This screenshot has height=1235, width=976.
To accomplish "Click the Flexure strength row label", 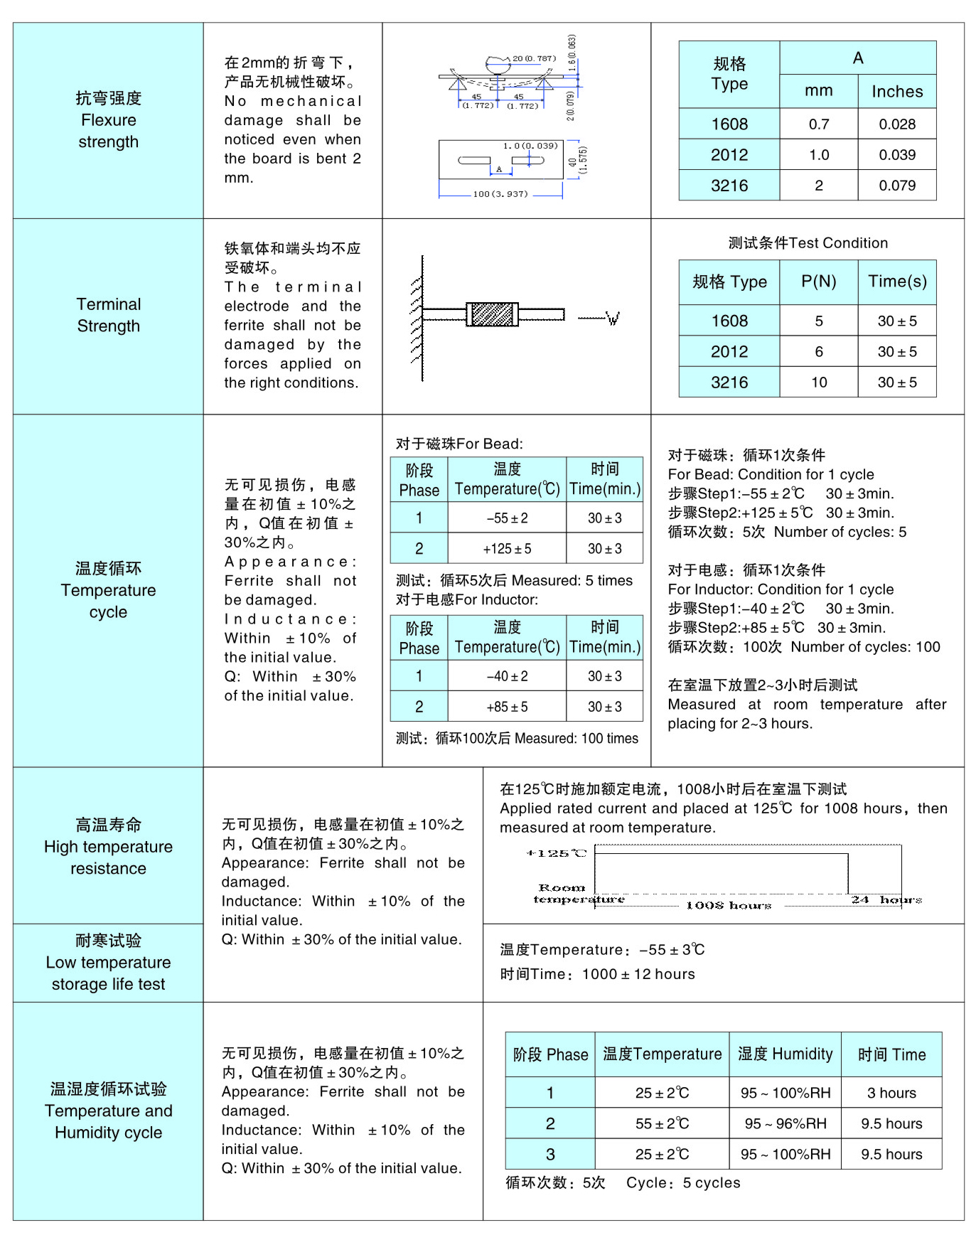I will [x=108, y=120].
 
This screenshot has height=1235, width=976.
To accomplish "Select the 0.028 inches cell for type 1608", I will [x=897, y=124].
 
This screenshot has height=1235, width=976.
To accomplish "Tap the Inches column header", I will [x=897, y=92].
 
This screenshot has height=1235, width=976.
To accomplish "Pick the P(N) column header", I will [x=818, y=282].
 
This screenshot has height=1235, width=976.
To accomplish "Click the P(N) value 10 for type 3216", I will [x=819, y=383].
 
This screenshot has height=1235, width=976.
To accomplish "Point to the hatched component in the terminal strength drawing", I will [x=492, y=314].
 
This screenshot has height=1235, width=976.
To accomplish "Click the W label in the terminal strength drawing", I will [x=613, y=319].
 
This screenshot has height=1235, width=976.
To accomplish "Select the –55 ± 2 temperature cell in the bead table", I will [x=507, y=518].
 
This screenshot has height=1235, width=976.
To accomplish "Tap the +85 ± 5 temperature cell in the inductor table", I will [x=507, y=707].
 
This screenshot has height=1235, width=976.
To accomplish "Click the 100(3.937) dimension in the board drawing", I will [x=500, y=194].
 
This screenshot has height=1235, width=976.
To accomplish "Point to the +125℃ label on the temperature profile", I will [x=556, y=853].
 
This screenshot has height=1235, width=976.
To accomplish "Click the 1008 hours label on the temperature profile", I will [x=729, y=905].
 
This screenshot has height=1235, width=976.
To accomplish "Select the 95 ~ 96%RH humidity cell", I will [x=785, y=1123].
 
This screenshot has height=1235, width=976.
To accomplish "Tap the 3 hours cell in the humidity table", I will [x=891, y=1093].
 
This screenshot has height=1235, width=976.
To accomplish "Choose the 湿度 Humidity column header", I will [x=785, y=1054].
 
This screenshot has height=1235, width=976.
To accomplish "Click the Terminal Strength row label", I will [x=108, y=315].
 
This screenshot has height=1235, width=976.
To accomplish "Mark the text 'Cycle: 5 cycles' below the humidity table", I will [x=683, y=1182].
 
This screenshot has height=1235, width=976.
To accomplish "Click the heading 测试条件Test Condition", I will [x=808, y=243].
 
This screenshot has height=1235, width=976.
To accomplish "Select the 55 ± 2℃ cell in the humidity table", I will [x=662, y=1123].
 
